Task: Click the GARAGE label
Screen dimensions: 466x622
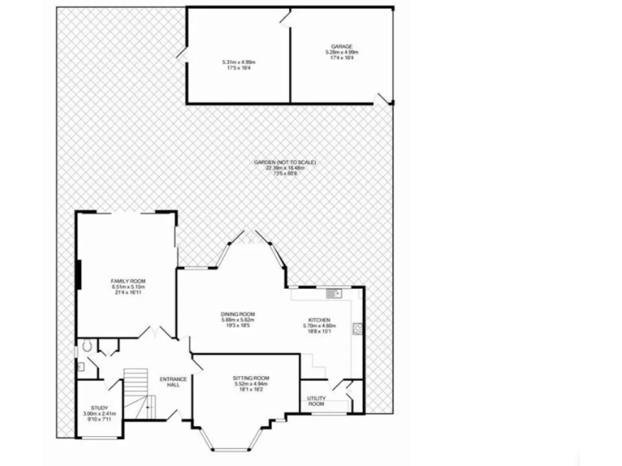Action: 340,47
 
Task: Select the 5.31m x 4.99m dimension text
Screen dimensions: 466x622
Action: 238,62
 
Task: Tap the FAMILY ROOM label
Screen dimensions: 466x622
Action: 127,280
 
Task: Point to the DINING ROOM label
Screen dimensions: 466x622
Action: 237,314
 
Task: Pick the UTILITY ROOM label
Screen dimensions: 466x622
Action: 316,400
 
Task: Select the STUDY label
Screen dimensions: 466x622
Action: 100,408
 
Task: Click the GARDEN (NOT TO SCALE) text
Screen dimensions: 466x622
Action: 284,163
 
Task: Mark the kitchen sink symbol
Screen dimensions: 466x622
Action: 334,292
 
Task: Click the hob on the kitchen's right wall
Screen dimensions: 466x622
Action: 356,329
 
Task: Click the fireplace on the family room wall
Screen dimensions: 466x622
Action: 79,274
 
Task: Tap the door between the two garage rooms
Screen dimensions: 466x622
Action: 285,15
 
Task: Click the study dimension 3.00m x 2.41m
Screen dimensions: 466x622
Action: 100,414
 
